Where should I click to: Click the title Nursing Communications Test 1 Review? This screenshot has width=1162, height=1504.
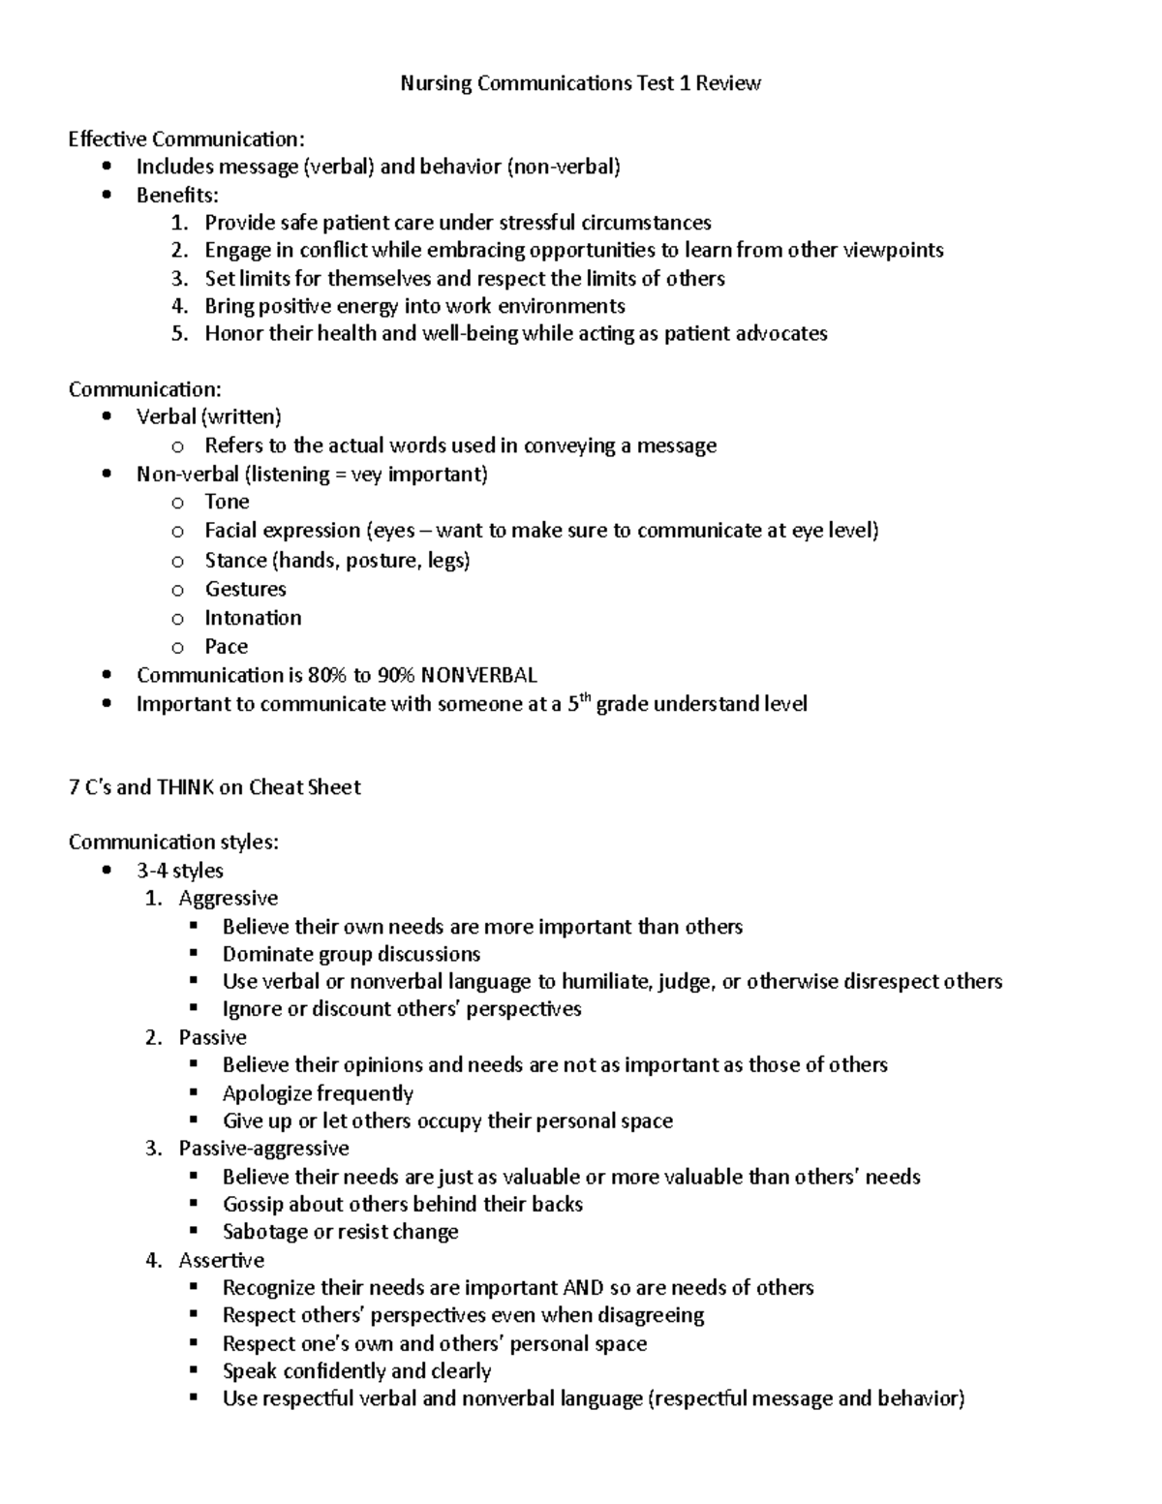580,83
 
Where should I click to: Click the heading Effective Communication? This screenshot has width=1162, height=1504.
186,139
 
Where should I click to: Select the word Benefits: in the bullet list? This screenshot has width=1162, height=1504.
177,195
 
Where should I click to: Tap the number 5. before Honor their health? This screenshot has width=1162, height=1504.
179,334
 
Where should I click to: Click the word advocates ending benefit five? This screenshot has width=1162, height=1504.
781,334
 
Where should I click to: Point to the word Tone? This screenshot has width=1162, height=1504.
227,502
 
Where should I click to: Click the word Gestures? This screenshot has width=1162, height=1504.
245,589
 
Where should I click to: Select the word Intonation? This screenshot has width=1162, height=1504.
253,618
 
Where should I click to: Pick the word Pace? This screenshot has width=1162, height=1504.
226,647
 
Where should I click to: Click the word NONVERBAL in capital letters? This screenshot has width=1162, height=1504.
479,675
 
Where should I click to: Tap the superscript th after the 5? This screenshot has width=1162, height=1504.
584,697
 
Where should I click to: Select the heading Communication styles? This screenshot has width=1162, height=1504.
173,843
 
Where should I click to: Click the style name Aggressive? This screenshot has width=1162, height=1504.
228,899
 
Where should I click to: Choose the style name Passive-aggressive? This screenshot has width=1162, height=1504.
263,1149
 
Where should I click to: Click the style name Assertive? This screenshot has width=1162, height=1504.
221,1260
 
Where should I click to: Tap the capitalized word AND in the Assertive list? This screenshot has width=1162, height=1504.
583,1288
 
